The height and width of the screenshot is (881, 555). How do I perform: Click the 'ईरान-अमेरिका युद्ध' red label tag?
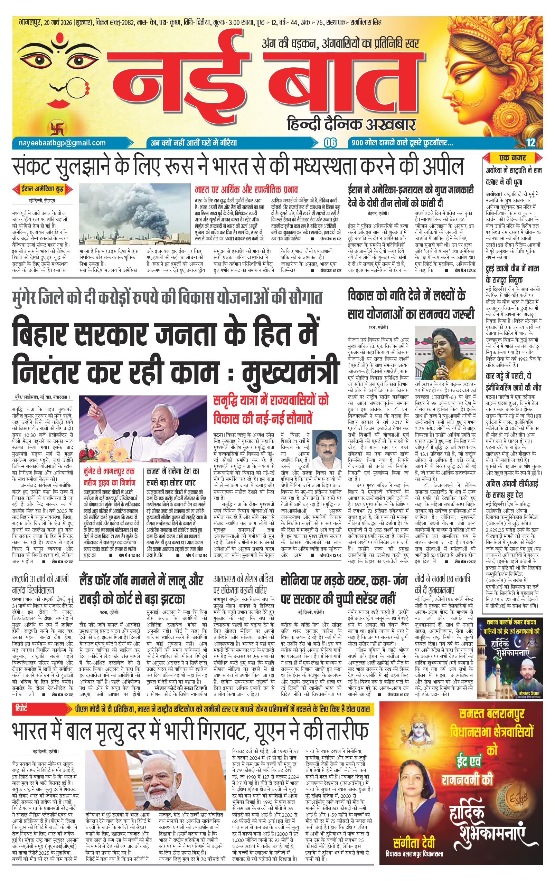click(43, 190)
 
